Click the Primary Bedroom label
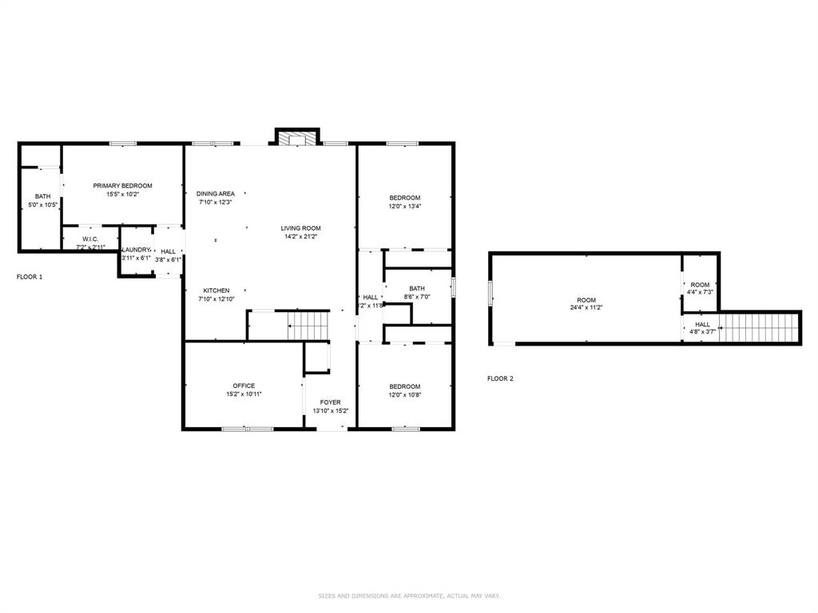[122, 186]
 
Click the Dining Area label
[216, 194]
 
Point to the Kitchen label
[216, 291]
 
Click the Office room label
[244, 386]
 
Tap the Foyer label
[330, 402]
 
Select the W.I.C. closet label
[89, 239]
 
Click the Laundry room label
[136, 250]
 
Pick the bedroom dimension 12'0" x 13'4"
[404, 206]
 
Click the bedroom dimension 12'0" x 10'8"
[404, 395]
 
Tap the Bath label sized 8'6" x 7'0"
[417, 289]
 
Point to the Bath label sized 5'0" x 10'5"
[42, 196]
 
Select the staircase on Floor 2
[759, 327]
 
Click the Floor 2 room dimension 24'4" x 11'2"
[586, 307]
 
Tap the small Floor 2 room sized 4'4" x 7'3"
[700, 285]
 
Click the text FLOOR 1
[30, 277]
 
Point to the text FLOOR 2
[500, 378]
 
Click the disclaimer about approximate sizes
[409, 595]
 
